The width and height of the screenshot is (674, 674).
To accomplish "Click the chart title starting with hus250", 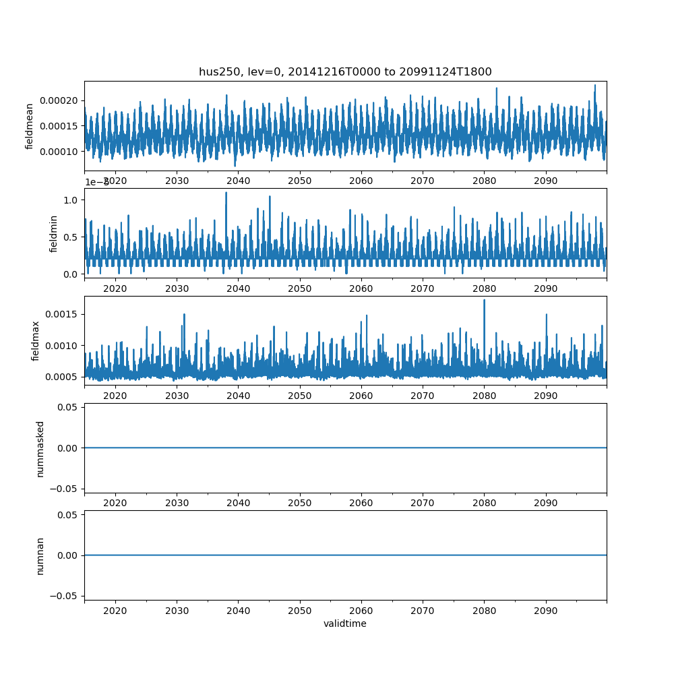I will (345, 71).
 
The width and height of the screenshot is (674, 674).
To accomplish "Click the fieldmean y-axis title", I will (30, 126).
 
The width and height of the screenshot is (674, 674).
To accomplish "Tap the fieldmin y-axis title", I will (54, 233).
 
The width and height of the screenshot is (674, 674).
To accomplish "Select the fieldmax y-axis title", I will (35, 340).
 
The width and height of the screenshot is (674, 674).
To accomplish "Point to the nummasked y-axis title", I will (40, 448).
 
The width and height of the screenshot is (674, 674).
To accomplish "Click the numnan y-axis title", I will (40, 555).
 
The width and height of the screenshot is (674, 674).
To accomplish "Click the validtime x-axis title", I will (345, 623).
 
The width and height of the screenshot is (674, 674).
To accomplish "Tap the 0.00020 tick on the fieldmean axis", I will (62, 100).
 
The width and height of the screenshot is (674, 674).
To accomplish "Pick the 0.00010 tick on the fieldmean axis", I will (62, 151).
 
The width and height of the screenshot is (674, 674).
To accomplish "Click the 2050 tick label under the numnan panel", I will (300, 610).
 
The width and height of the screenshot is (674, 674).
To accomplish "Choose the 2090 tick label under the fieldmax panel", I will (546, 396).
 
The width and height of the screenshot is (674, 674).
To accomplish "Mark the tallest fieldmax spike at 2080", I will (484, 300).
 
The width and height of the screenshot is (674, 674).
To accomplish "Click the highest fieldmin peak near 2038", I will (226, 193).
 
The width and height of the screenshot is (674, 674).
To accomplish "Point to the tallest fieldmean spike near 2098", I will (594, 85).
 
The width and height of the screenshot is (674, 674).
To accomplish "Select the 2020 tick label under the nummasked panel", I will (115, 503).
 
